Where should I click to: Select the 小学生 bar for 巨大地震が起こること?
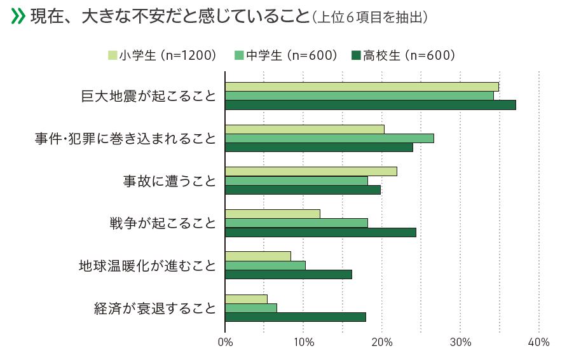pyautogui.click(x=362, y=87)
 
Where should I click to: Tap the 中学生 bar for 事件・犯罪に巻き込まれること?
pyautogui.click(x=329, y=138)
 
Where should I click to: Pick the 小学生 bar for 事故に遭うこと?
pyautogui.click(x=311, y=171)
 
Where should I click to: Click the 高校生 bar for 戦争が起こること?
pyautogui.click(x=320, y=232)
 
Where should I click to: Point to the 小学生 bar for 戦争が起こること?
pyautogui.click(x=272, y=214)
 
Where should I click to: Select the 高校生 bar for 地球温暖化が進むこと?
pyautogui.click(x=288, y=274)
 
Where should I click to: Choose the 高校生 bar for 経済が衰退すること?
pyautogui.click(x=295, y=317)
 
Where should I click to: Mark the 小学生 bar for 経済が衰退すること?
pyautogui.click(x=246, y=299)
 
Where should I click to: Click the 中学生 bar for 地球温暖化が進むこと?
pyautogui.click(x=265, y=265)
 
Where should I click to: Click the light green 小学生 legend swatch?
pyautogui.click(x=112, y=56)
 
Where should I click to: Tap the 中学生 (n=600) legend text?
pyautogui.click(x=292, y=56)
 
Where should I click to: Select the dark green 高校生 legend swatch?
pyautogui.click(x=356, y=56)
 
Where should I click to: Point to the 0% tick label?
pyautogui.click(x=225, y=343)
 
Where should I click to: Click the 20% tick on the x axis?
pyautogui.click(x=382, y=343)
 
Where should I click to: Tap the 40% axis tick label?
pyautogui.click(x=538, y=343)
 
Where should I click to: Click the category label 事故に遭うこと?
pyautogui.click(x=169, y=181)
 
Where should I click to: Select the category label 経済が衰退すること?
pyautogui.click(x=155, y=308)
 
